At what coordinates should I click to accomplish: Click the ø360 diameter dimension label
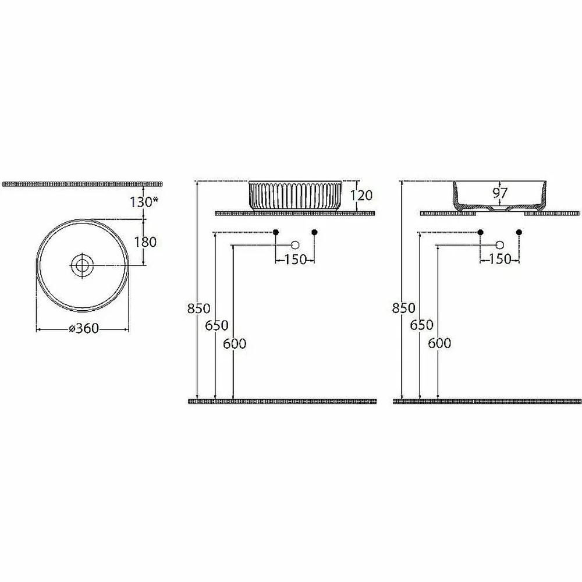(84, 328)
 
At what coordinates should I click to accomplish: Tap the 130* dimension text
(144, 202)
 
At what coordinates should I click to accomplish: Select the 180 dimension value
(145, 242)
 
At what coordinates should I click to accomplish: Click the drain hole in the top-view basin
(81, 265)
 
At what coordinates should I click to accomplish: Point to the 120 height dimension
(361, 195)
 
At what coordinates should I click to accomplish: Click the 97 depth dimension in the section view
(500, 193)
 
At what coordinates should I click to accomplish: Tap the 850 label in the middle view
(198, 308)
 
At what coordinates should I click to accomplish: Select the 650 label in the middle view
(217, 325)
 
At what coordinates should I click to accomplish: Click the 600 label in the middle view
(235, 344)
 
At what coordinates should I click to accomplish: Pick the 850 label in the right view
(404, 308)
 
